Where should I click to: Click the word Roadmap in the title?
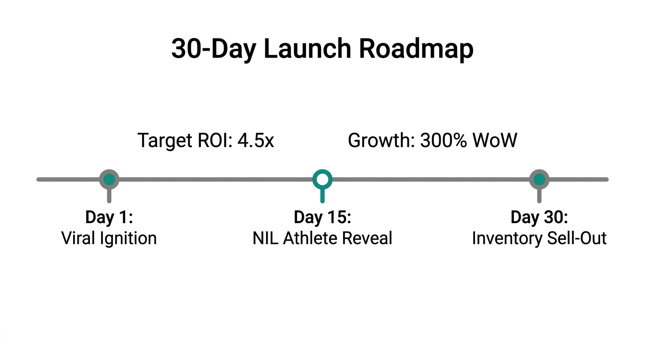416,48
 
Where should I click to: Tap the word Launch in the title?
307,48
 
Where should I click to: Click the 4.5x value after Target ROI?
255,141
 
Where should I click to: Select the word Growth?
381,141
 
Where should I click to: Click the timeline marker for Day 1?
109,179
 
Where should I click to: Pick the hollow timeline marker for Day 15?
322,179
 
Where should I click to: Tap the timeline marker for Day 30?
539,179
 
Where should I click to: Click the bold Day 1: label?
109,217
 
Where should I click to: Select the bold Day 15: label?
322,217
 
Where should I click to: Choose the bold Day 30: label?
539,217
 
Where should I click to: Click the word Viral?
78,238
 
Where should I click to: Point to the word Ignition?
127,239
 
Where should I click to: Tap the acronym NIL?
265,238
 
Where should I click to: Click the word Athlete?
310,238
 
